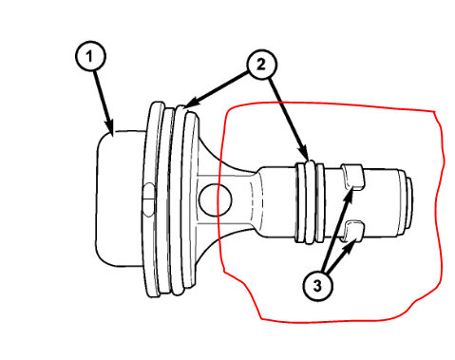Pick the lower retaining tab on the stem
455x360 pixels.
351,229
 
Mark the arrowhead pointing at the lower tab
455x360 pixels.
355,243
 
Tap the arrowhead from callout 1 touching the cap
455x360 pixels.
113,130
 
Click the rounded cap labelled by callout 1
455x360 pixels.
118,199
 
